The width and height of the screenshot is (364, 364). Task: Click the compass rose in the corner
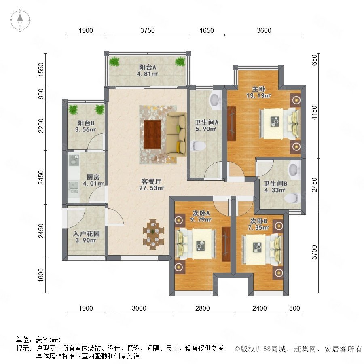pyautogui.click(x=20, y=20)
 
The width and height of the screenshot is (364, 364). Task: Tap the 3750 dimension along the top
pyautogui.click(x=147, y=30)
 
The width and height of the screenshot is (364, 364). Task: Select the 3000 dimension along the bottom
pyautogui.click(x=139, y=308)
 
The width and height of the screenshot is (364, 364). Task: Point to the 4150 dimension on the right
pyautogui.click(x=314, y=113)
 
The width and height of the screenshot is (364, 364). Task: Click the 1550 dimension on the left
pyautogui.click(x=41, y=70)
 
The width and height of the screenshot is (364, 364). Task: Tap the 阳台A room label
pyautogui.click(x=147, y=67)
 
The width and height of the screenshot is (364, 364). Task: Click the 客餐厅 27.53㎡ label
pyautogui.click(x=151, y=185)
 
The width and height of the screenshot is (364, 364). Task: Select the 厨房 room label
pyautogui.click(x=93, y=177)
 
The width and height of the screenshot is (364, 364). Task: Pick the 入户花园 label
pyautogui.click(x=86, y=233)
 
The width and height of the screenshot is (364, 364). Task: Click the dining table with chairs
pyautogui.click(x=153, y=234)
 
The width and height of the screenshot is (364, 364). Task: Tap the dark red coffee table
pyautogui.click(x=152, y=134)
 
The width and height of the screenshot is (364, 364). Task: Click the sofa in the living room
pyautogui.click(x=177, y=135)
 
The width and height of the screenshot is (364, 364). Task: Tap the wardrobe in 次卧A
pyautogui.click(x=226, y=244)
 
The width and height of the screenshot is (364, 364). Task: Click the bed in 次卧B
pyautogui.click(x=262, y=249)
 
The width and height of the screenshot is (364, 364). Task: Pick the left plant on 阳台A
pyautogui.click(x=114, y=61)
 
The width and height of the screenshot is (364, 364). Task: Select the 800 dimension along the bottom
pyautogui.click(x=294, y=308)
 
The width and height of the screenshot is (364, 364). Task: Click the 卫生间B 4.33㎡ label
pyautogui.click(x=275, y=187)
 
